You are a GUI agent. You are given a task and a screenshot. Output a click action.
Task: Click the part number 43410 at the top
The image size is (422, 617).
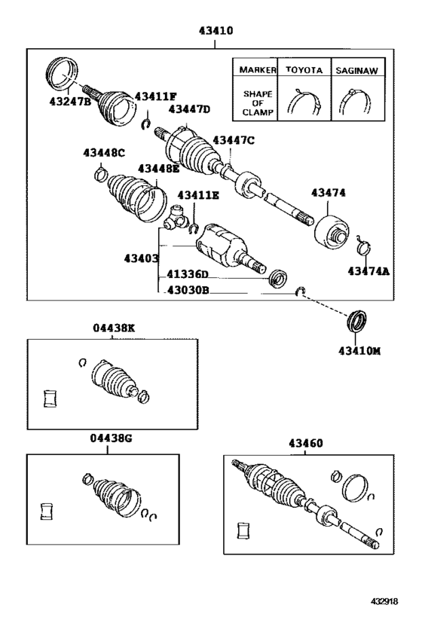216,32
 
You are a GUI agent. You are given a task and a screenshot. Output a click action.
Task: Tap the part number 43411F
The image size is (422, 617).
155,96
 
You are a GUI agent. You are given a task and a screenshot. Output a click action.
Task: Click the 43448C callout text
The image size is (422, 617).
104,153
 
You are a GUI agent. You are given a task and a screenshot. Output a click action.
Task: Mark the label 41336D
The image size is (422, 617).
188,275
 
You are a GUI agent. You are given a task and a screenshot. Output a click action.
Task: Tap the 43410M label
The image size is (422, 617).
359,350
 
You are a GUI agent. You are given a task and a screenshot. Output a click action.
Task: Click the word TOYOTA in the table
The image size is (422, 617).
304,69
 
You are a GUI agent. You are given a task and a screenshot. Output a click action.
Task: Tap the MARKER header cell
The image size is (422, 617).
255,69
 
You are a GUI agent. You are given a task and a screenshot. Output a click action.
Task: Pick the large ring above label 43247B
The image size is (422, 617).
61,72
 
